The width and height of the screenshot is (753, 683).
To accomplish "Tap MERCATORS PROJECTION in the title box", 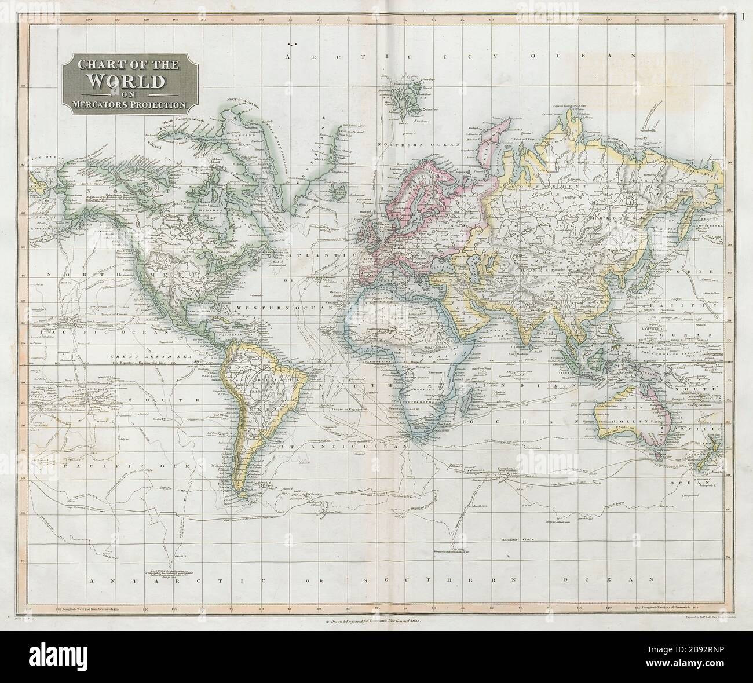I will tap(125, 105).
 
